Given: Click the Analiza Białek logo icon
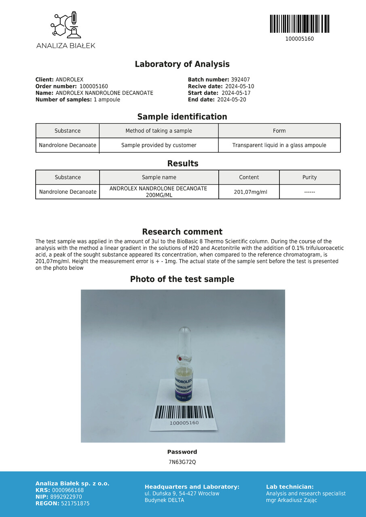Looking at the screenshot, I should point(66,26).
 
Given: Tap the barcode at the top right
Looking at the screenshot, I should point(299,24).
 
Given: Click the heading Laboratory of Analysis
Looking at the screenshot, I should point(182,64).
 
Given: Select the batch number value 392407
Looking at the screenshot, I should point(240,80).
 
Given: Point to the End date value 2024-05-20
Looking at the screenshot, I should point(231,100).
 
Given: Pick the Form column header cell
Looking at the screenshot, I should point(279,131).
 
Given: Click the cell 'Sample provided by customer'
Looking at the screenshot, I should point(159,145).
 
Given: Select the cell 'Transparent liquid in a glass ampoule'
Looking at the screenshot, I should point(279,145).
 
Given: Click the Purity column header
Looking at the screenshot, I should point(309,177).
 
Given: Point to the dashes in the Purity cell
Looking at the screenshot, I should point(309,192).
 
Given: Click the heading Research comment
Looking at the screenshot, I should point(182,232).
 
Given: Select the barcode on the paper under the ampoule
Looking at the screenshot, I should point(184,412).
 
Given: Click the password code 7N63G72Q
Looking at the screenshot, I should point(182,462).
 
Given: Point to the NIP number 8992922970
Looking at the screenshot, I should point(67,497).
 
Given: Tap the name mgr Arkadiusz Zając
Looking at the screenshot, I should point(291,500).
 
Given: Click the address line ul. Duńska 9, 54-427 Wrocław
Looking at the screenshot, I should point(182,494).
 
